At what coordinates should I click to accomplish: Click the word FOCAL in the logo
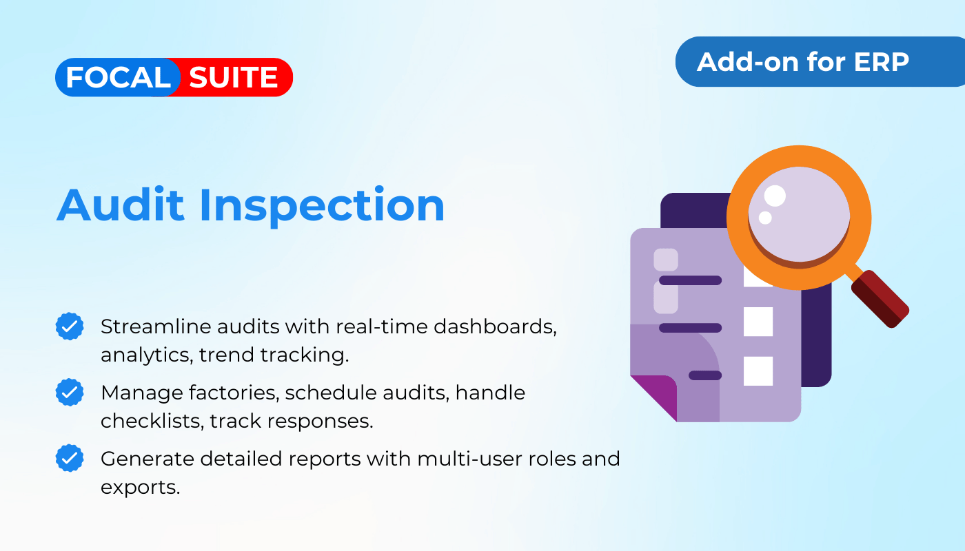coord(118,77)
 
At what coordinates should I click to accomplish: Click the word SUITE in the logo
coord(233,77)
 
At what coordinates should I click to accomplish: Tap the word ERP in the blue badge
coord(881,61)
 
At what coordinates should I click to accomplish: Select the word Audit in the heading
coord(121,205)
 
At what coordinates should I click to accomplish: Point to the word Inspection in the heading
coord(322,207)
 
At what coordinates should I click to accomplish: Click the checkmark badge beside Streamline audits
coord(70,326)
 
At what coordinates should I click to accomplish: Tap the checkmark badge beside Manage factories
coord(70,392)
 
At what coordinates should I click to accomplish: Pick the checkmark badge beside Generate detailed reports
coord(70,458)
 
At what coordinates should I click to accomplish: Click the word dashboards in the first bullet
coord(495,326)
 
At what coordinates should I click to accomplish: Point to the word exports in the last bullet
coord(140,488)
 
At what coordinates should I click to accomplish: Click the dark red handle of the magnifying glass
coord(880,299)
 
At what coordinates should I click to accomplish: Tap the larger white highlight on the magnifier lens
coord(775,196)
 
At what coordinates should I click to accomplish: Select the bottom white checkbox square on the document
coord(758,371)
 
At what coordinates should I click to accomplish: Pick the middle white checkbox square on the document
coord(758,322)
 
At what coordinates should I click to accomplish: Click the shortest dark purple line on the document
coord(705,375)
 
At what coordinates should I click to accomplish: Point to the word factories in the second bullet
coord(234,393)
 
